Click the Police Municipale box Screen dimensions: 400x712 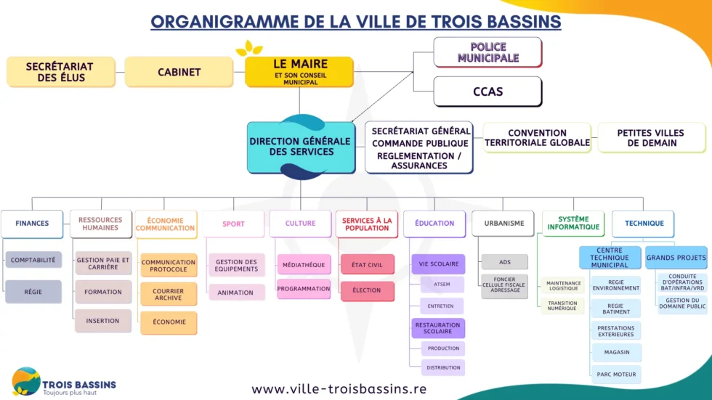488,52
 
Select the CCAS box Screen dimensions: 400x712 488,92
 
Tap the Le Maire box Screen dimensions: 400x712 300,72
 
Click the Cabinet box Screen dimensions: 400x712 179,72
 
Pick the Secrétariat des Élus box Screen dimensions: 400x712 60,72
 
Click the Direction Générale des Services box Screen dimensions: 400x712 301,147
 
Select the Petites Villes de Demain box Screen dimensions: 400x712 651,138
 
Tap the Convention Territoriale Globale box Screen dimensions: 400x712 537,138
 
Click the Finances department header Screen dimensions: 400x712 32,224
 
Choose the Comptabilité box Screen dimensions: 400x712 33,260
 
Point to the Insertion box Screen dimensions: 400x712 102,321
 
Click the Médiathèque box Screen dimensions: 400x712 304,265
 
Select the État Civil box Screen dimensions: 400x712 367,265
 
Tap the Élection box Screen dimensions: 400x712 367,291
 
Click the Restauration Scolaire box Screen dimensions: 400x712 438,328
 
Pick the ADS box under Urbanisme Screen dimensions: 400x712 504,263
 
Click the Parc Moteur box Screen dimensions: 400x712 615,375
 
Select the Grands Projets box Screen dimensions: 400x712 676,258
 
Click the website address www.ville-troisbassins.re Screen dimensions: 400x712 339,388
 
